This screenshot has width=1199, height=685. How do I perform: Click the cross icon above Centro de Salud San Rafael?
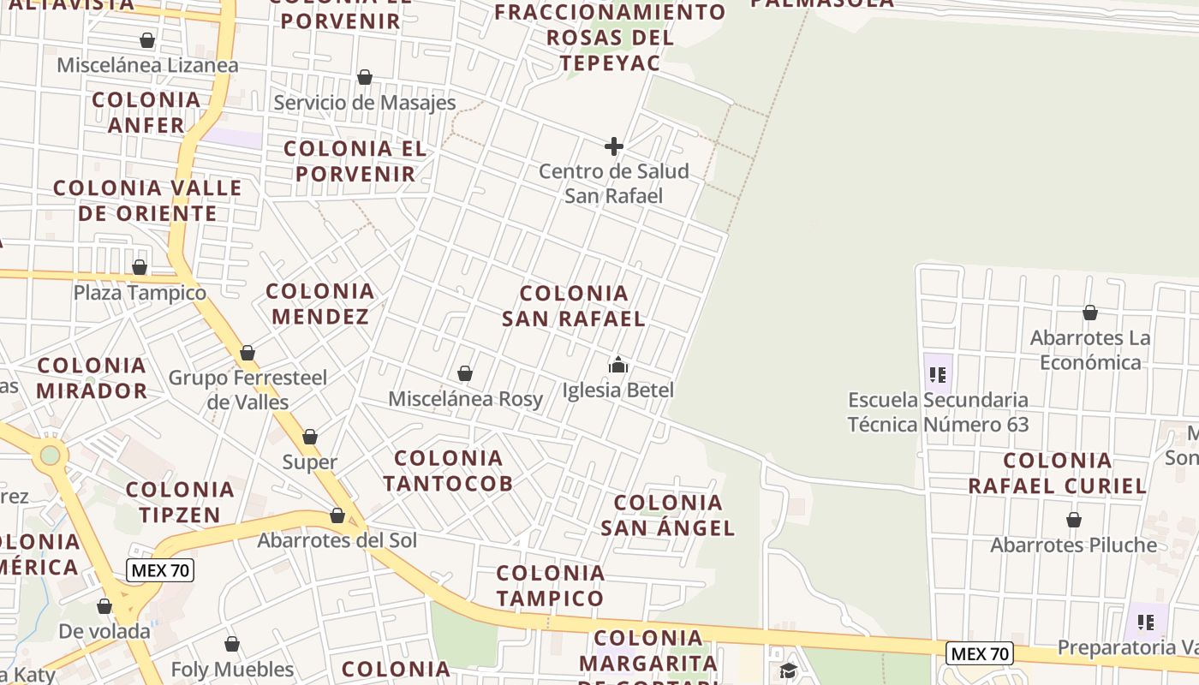613,147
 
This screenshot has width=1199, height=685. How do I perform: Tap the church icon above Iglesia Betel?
617,366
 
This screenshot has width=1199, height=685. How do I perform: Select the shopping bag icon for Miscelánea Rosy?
465,374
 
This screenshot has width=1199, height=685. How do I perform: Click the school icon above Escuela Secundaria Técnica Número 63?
938,374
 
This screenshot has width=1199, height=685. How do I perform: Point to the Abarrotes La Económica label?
1089,350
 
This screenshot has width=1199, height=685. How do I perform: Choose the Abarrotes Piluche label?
1073,545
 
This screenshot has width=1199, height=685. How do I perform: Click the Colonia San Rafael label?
573,306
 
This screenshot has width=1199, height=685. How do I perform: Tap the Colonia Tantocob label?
448,471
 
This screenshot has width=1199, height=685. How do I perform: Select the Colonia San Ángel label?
667,515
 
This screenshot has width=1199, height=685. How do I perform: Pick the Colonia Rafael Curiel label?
1057,474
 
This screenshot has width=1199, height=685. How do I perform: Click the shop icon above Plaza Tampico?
140,268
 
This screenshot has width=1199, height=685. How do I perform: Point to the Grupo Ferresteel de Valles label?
248,390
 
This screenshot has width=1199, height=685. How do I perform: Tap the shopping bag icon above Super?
310,438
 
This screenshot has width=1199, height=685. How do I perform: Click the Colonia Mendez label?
320,304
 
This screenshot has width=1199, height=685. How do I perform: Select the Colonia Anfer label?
146,112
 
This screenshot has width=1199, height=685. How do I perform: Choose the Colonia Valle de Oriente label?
147,200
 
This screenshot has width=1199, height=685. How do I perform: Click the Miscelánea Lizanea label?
147,65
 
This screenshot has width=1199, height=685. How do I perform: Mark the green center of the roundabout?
51,455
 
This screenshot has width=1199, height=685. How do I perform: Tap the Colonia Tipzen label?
180,503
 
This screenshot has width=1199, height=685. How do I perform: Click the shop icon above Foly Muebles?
231,645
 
